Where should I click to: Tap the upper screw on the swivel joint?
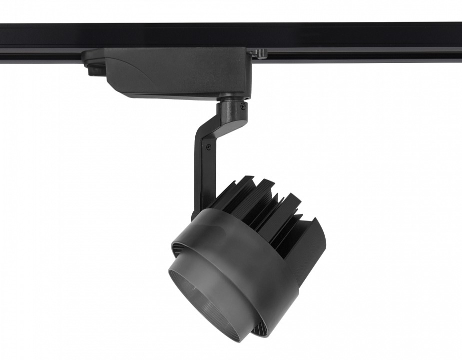243,105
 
